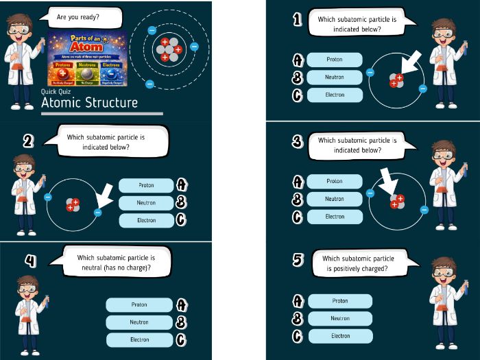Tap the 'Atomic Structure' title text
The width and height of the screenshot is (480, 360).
click(89, 103)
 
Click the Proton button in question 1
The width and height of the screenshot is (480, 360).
click(335, 60)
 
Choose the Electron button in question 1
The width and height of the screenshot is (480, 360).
click(335, 95)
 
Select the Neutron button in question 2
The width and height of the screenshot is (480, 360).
click(146, 203)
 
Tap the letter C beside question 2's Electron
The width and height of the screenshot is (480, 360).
click(181, 220)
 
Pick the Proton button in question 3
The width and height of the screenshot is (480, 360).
click(335, 182)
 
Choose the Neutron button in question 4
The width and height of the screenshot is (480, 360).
click(139, 322)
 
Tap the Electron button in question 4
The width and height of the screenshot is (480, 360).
click(139, 339)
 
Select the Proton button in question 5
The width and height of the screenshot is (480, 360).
click(340, 301)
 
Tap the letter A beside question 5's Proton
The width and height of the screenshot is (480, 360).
click(298, 301)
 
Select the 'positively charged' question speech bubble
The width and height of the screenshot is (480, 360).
click(359, 263)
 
